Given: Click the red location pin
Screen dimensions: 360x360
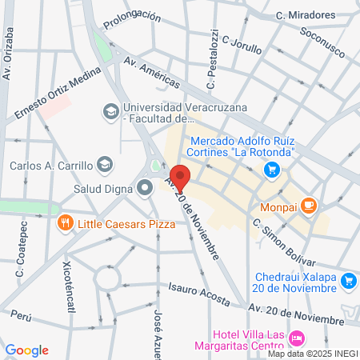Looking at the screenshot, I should [x=180, y=178].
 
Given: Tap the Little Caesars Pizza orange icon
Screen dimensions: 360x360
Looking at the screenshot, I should [x=66, y=223].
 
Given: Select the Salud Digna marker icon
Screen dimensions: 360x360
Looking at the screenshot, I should [x=145, y=189].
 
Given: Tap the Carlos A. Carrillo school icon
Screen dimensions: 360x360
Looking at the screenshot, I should [x=105, y=166].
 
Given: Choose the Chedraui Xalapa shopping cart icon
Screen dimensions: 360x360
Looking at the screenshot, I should [x=348, y=281].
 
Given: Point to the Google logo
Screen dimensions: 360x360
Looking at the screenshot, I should [x=26, y=350].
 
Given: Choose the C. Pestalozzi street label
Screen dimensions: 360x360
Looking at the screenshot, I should [x=212, y=60].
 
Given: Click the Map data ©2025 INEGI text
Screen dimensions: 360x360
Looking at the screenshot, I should [x=313, y=353].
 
